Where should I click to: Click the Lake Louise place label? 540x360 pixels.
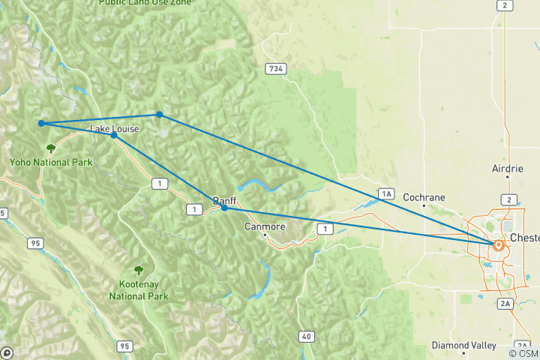click(x=114, y=129)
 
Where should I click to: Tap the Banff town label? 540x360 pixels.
click(x=224, y=201)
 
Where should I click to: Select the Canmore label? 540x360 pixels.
click(x=265, y=226)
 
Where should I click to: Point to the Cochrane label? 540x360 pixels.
click(x=424, y=198)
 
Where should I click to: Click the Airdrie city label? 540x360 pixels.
click(x=507, y=169)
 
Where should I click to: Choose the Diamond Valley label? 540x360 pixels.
click(x=463, y=346)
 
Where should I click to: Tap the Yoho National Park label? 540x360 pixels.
click(x=50, y=162)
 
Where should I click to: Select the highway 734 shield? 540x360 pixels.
click(x=275, y=69)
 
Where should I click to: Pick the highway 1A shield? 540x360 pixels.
click(x=386, y=194)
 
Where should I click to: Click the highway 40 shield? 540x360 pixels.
click(x=305, y=337)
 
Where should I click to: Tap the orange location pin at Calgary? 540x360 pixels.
click(x=497, y=244)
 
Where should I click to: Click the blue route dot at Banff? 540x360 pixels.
click(x=224, y=208)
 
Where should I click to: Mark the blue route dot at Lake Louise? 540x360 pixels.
click(x=113, y=136)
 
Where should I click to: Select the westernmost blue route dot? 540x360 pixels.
click(x=42, y=123)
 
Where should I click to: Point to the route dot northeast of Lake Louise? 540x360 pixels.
click(x=160, y=114)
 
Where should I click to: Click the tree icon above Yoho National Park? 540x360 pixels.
click(x=51, y=148)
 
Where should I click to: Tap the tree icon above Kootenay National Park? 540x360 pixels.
click(x=138, y=270)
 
